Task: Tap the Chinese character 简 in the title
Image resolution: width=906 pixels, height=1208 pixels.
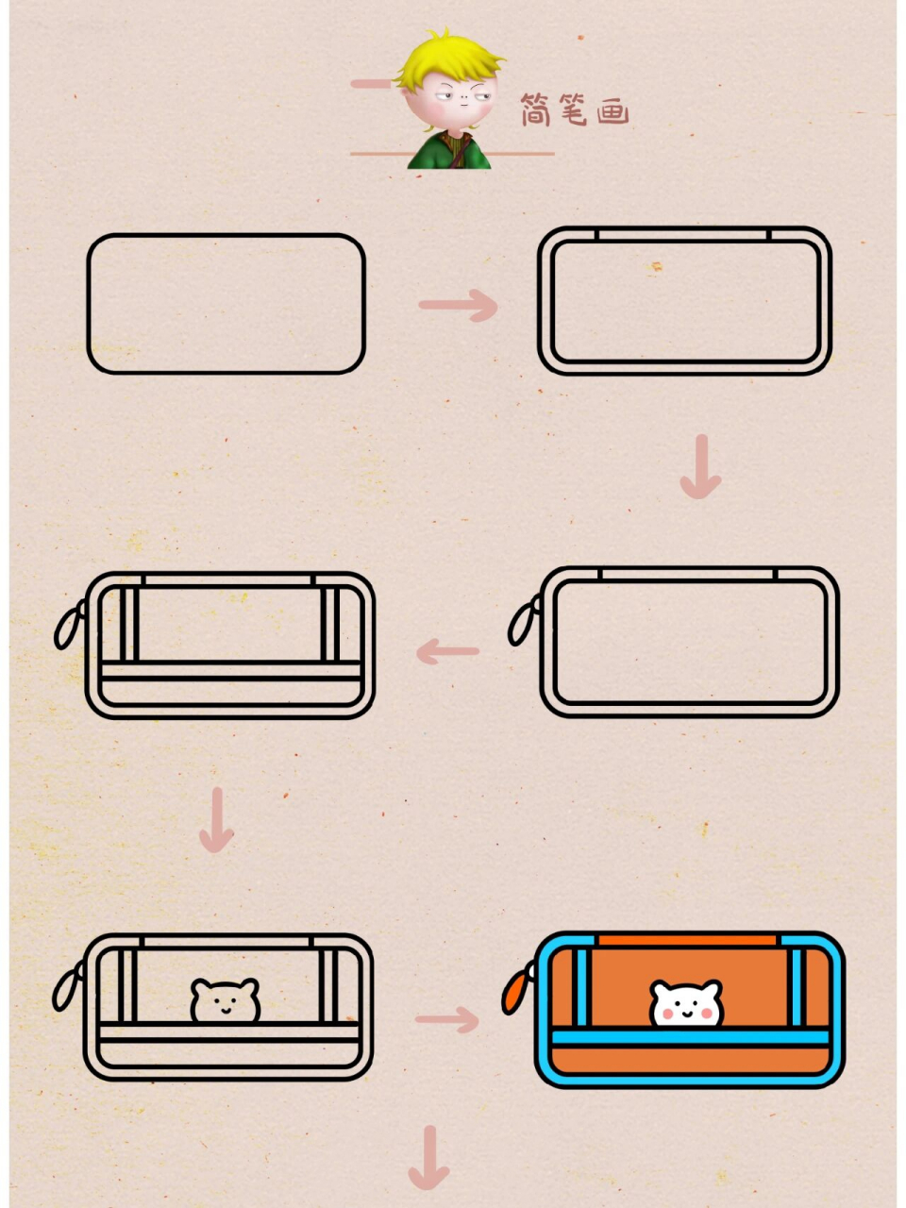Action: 535,109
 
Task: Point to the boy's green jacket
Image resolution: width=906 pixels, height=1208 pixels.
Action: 448,150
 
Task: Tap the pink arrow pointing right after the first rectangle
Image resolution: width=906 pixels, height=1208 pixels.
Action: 459,306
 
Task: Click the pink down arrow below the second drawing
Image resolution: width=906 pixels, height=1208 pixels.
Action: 701,467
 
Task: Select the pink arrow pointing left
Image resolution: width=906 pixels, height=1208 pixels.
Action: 447,651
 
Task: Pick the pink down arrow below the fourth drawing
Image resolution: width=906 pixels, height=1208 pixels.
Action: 217,819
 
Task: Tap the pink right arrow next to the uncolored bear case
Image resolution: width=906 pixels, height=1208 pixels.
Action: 446,1019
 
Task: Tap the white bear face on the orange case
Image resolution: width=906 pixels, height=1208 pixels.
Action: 686,1004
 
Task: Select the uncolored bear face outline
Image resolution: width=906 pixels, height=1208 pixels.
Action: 225,1000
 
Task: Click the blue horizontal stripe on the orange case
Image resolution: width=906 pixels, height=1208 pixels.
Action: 690,1038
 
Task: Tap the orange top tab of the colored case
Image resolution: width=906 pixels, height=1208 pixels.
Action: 688,940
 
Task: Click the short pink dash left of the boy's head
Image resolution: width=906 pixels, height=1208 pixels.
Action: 371,84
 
